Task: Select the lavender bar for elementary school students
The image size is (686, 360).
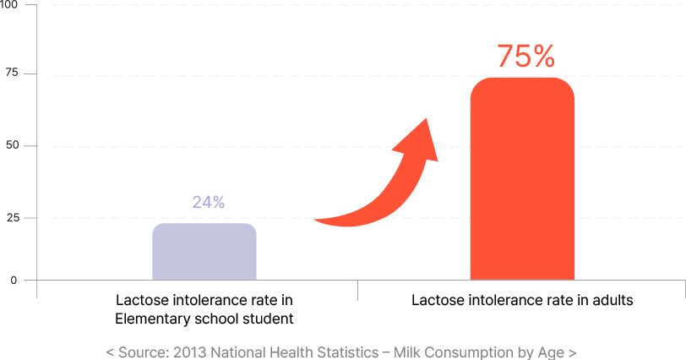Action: click(x=204, y=251)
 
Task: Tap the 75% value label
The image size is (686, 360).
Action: click(x=525, y=56)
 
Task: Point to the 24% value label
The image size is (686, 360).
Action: click(x=208, y=202)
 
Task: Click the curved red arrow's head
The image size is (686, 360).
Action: click(x=422, y=139)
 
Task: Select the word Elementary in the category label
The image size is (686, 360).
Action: click(x=152, y=319)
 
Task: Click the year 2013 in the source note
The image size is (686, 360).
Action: click(x=189, y=352)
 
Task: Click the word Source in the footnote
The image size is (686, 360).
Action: click(x=141, y=352)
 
